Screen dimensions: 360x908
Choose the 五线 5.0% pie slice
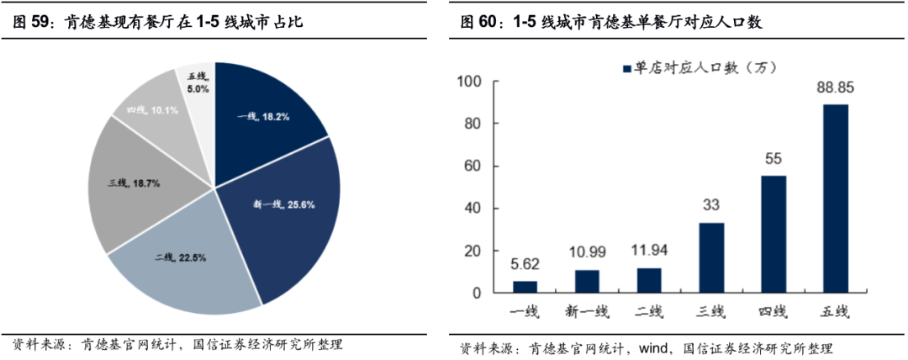197,84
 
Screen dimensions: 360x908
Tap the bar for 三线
711,257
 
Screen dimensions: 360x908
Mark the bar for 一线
525,287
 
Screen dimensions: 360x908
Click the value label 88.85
835,87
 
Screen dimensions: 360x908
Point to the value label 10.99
587,253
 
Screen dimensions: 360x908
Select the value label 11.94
649,251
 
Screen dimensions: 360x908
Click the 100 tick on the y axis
468,82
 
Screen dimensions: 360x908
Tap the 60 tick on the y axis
472,167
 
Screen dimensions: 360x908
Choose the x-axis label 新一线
587,312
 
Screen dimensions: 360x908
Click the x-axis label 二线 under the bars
649,312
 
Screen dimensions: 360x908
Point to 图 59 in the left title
31,23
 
